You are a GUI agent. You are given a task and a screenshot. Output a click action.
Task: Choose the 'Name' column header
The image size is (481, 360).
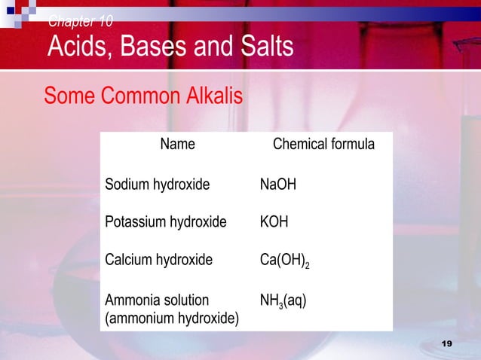(177, 144)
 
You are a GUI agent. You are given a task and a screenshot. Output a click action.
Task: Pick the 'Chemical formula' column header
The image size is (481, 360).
(323, 144)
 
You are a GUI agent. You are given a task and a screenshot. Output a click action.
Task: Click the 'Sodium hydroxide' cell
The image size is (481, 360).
(158, 184)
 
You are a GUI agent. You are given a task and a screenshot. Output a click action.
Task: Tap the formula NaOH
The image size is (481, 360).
(277, 184)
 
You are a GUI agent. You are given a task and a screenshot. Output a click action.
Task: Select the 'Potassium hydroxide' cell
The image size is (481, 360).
(165, 222)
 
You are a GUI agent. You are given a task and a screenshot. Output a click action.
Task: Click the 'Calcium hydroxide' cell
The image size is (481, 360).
(158, 261)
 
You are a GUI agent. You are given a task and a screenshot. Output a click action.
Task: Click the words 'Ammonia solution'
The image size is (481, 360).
(157, 301)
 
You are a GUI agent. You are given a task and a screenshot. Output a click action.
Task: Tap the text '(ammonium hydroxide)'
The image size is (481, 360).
(172, 319)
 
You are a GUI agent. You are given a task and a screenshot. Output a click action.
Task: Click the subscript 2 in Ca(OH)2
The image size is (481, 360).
(307, 265)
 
